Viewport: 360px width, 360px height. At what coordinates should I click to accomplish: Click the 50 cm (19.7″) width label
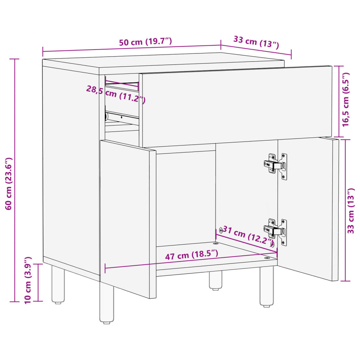click(145, 42)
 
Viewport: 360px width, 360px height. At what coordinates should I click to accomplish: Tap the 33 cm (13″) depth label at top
click(256, 42)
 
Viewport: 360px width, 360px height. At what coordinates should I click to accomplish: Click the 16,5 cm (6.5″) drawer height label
click(346, 99)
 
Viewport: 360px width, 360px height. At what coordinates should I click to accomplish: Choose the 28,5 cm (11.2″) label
click(116, 94)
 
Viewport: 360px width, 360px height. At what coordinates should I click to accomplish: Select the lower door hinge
click(276, 231)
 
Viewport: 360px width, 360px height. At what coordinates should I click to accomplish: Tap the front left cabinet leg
click(107, 303)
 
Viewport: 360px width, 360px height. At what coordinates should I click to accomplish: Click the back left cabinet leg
click(58, 285)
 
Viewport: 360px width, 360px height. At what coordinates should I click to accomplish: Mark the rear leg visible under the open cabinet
click(216, 280)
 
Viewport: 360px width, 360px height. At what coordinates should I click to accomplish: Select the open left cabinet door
click(127, 218)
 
